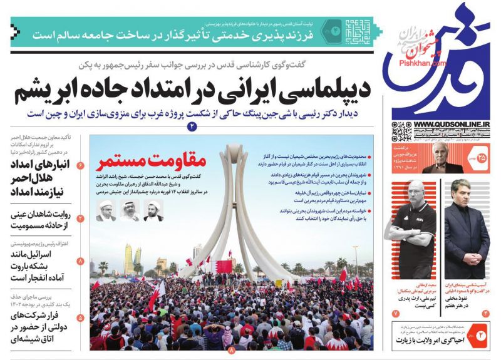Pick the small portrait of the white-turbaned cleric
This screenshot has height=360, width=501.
pos(154,210)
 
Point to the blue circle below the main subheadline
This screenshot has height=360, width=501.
pos(192,126)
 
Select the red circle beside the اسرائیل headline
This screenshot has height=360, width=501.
pos(80,260)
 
